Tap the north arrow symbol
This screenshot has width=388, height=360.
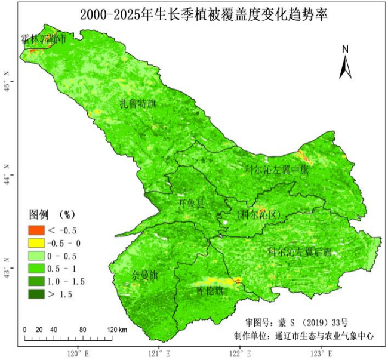point(345,62)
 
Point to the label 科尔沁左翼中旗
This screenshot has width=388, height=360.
point(277,170)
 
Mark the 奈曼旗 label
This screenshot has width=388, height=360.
point(144,275)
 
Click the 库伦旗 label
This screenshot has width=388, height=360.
point(210,291)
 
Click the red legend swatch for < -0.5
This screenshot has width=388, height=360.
point(36,230)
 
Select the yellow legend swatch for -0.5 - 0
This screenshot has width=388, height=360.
point(36,242)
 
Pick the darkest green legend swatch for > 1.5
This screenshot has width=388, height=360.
point(36,293)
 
